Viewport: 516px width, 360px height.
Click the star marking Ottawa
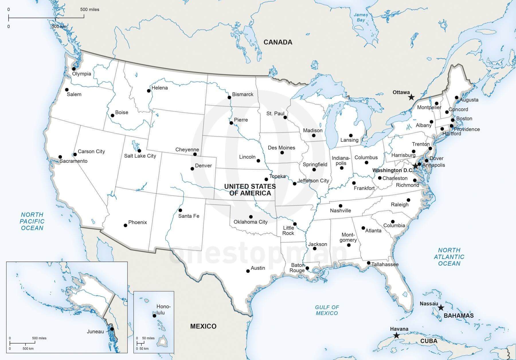point(411,97)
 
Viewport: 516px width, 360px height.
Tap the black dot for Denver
point(192,169)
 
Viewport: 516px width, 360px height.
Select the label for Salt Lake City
point(140,156)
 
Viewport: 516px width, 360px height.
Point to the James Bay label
point(361,17)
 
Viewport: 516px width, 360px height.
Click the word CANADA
point(278,42)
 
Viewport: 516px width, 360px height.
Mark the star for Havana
point(396,335)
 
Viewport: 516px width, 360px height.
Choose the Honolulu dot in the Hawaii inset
point(154,316)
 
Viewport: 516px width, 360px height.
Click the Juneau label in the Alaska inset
point(95,332)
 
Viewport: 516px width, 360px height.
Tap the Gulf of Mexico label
point(327,310)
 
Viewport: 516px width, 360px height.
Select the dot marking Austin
point(248,271)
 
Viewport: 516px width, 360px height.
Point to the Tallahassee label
point(385,264)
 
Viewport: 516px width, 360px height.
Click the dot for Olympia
point(74,69)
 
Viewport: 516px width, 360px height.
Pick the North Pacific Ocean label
point(32,221)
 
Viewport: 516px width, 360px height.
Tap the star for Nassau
point(441,308)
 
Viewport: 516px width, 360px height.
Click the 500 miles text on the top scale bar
point(90,9)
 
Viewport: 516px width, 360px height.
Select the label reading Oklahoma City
point(250,222)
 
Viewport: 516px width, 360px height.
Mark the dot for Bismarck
point(229,97)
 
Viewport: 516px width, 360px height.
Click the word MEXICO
point(203,326)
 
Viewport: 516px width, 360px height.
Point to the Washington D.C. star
point(415,166)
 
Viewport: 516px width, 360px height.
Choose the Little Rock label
point(288,230)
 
